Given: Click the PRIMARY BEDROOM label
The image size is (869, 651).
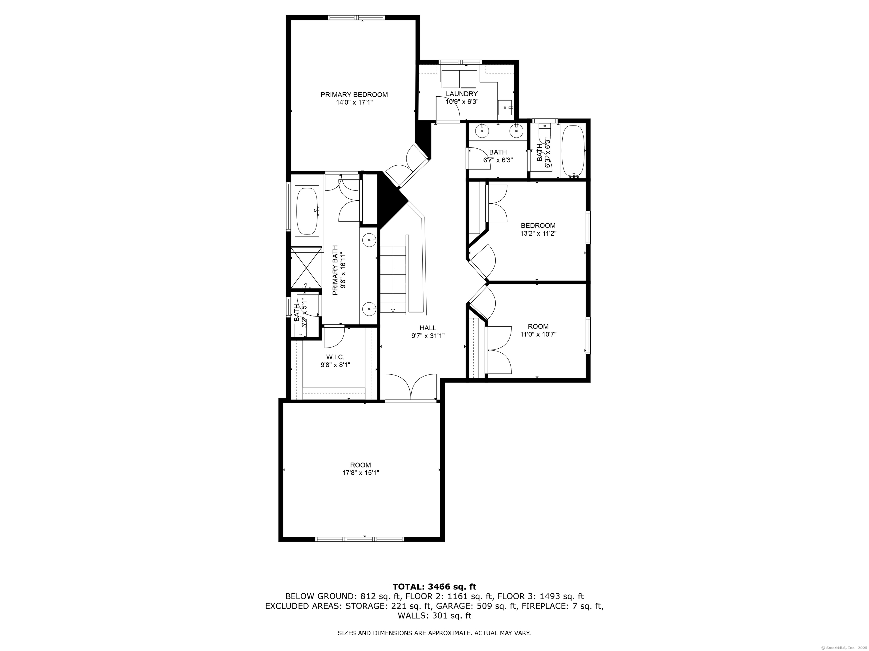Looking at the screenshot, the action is [354, 95].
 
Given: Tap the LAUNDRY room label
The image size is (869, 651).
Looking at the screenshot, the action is [462, 94].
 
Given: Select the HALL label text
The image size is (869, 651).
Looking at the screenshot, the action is [428, 328].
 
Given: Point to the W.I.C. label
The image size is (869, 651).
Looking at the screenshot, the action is [335, 357].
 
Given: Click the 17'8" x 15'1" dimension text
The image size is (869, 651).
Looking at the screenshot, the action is [361, 473].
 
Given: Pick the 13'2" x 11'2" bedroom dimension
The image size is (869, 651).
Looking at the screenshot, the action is [538, 233].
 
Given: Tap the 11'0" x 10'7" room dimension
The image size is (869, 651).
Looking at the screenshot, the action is [538, 334].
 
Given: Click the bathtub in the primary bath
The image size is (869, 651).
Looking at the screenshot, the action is [307, 212].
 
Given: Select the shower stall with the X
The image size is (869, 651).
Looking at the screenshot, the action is [306, 268].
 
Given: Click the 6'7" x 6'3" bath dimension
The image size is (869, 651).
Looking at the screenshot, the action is [498, 160].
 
